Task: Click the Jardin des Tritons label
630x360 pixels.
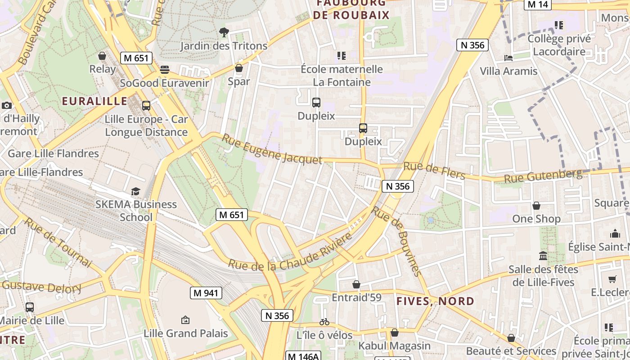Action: click(x=224, y=46)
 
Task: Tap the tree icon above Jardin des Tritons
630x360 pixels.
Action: click(x=224, y=32)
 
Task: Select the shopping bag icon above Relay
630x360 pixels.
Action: click(x=102, y=56)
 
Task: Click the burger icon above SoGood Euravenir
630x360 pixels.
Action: click(x=165, y=70)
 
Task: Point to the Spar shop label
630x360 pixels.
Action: click(x=238, y=81)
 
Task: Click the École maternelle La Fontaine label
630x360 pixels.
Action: click(x=342, y=76)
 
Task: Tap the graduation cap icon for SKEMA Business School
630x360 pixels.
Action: click(x=136, y=191)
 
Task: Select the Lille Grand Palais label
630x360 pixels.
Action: click(x=186, y=333)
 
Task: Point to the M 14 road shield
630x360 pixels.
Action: click(x=538, y=4)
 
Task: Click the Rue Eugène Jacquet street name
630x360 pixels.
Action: click(x=272, y=149)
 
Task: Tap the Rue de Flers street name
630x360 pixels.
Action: click(x=434, y=170)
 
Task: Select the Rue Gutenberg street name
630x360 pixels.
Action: click(x=543, y=176)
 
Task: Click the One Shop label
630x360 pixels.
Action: click(x=536, y=219)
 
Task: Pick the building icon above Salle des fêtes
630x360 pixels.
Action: click(x=543, y=256)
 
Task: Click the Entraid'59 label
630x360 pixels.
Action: click(x=356, y=297)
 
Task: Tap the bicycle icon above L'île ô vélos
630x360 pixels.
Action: click(x=324, y=322)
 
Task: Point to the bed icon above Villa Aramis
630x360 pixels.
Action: click(x=508, y=58)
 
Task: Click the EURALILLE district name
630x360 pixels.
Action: click(x=94, y=101)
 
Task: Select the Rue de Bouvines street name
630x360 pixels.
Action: click(x=397, y=241)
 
